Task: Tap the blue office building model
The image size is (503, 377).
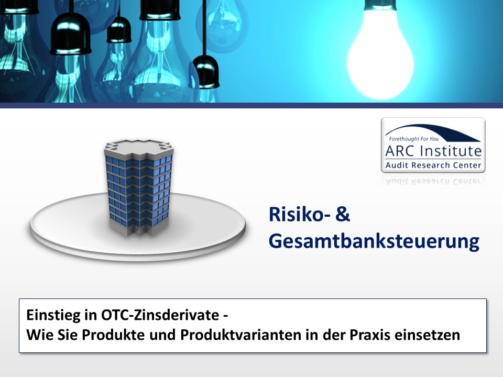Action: click(x=138, y=188)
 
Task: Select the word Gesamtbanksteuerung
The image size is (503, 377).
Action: click(x=374, y=241)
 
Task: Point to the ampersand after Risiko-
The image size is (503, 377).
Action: click(x=343, y=214)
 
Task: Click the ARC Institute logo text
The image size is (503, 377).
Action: click(x=433, y=151)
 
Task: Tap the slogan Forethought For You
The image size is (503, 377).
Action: click(x=413, y=139)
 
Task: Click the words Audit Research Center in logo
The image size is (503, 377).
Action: click(x=433, y=165)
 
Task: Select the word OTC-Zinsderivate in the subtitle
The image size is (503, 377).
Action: click(x=160, y=315)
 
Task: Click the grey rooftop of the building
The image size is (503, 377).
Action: click(x=138, y=146)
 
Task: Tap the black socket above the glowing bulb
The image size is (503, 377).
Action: click(x=380, y=5)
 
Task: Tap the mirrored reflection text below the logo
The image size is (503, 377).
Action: click(x=433, y=182)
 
